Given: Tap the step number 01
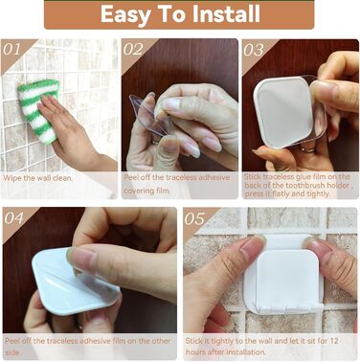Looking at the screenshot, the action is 11,50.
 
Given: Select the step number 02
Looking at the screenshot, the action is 133,50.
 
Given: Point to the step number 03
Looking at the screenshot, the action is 254,51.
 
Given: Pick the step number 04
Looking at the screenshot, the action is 14,218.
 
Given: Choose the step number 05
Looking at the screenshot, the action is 194,219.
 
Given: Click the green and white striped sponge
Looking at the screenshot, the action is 39,109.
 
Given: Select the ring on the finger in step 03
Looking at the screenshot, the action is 307,149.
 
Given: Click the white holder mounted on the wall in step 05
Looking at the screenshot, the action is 283,275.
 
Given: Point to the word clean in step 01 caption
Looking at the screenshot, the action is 62,178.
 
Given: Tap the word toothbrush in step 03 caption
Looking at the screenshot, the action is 326,185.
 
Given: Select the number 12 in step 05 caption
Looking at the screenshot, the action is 333,341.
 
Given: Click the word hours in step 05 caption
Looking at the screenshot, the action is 195,352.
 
